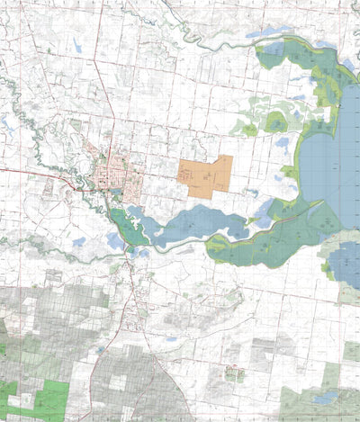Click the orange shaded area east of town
(x=205, y=175)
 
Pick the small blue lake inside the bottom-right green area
(x=326, y=396)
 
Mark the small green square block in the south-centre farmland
(x=234, y=373)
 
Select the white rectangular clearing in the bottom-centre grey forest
(x=117, y=382)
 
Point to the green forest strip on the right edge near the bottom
(x=351, y=351)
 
